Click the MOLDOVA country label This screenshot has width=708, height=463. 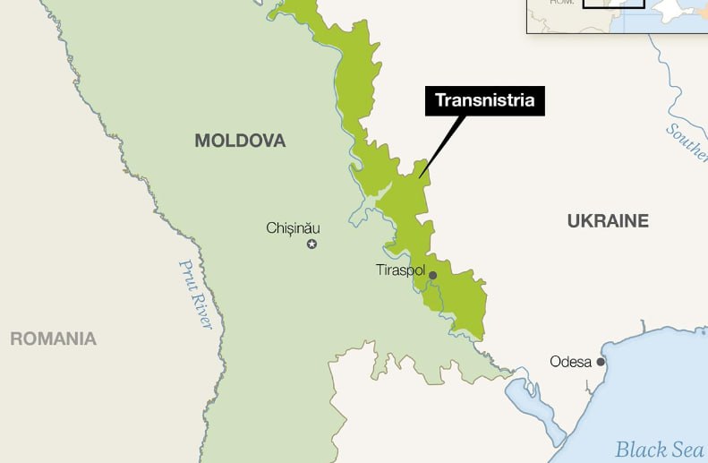240,141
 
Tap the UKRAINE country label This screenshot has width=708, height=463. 608,221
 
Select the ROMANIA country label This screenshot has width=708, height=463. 53,339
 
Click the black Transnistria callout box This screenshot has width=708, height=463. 484,100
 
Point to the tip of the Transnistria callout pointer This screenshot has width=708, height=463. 418,176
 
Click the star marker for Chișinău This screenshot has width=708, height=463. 311,244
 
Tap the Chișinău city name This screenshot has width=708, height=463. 293,228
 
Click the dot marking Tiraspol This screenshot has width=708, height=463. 432,276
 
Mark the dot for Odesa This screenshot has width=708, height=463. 601,363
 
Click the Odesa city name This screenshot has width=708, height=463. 570,362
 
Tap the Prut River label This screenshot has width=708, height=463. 195,295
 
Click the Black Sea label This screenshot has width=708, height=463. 659,450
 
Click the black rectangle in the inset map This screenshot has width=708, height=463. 613,4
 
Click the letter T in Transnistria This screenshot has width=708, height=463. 440,100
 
